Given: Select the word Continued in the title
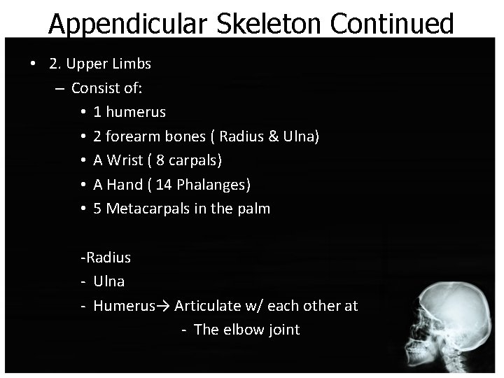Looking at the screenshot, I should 392,24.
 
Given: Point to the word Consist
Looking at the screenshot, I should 94,88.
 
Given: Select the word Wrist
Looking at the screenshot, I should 127,160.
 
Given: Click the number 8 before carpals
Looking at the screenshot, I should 160,160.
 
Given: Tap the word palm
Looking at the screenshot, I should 253,209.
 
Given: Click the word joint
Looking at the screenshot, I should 283,330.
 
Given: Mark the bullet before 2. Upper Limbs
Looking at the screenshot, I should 34,64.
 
